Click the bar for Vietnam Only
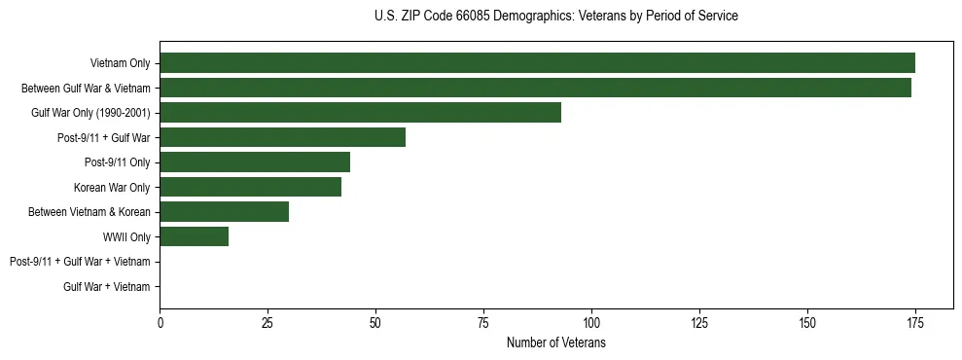[537, 63]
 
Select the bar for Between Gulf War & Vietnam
[535, 88]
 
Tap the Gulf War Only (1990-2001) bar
[360, 113]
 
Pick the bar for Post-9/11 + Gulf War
[282, 137]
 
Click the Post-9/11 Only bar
[255, 162]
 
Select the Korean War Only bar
[250, 187]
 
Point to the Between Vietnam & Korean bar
[224, 211]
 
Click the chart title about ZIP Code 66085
[555, 17]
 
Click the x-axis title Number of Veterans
[555, 343]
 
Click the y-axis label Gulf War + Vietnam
[107, 286]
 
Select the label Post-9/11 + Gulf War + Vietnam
[80, 262]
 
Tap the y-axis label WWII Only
[126, 236]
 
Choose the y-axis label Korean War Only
[112, 187]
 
